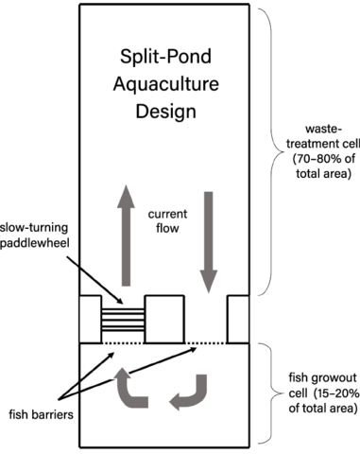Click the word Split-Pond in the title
click(x=165, y=57)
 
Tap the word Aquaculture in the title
click(x=166, y=84)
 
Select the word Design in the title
click(x=166, y=112)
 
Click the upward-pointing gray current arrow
click(x=126, y=236)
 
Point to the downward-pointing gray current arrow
click(x=209, y=242)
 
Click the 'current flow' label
click(x=167, y=221)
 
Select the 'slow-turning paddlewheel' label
click(x=34, y=235)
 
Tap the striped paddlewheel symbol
click(x=123, y=320)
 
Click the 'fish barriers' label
click(x=41, y=414)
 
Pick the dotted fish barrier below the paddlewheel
click(x=123, y=343)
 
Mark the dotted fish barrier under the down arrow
click(x=206, y=343)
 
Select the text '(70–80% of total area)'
click(x=323, y=166)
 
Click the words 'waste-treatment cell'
click(x=323, y=136)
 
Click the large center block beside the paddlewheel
click(x=164, y=319)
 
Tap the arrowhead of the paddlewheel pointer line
click(x=120, y=302)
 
